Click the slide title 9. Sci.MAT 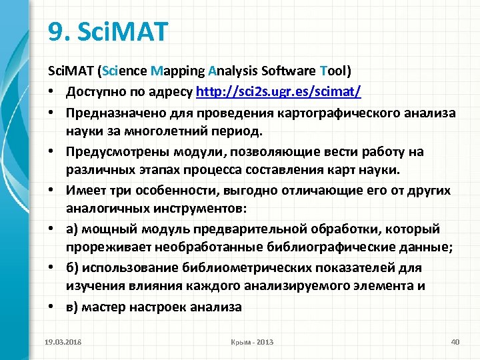109,31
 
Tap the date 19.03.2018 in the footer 63,342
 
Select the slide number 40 455,342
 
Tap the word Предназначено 111,113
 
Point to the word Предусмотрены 111,151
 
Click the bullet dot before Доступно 51,91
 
